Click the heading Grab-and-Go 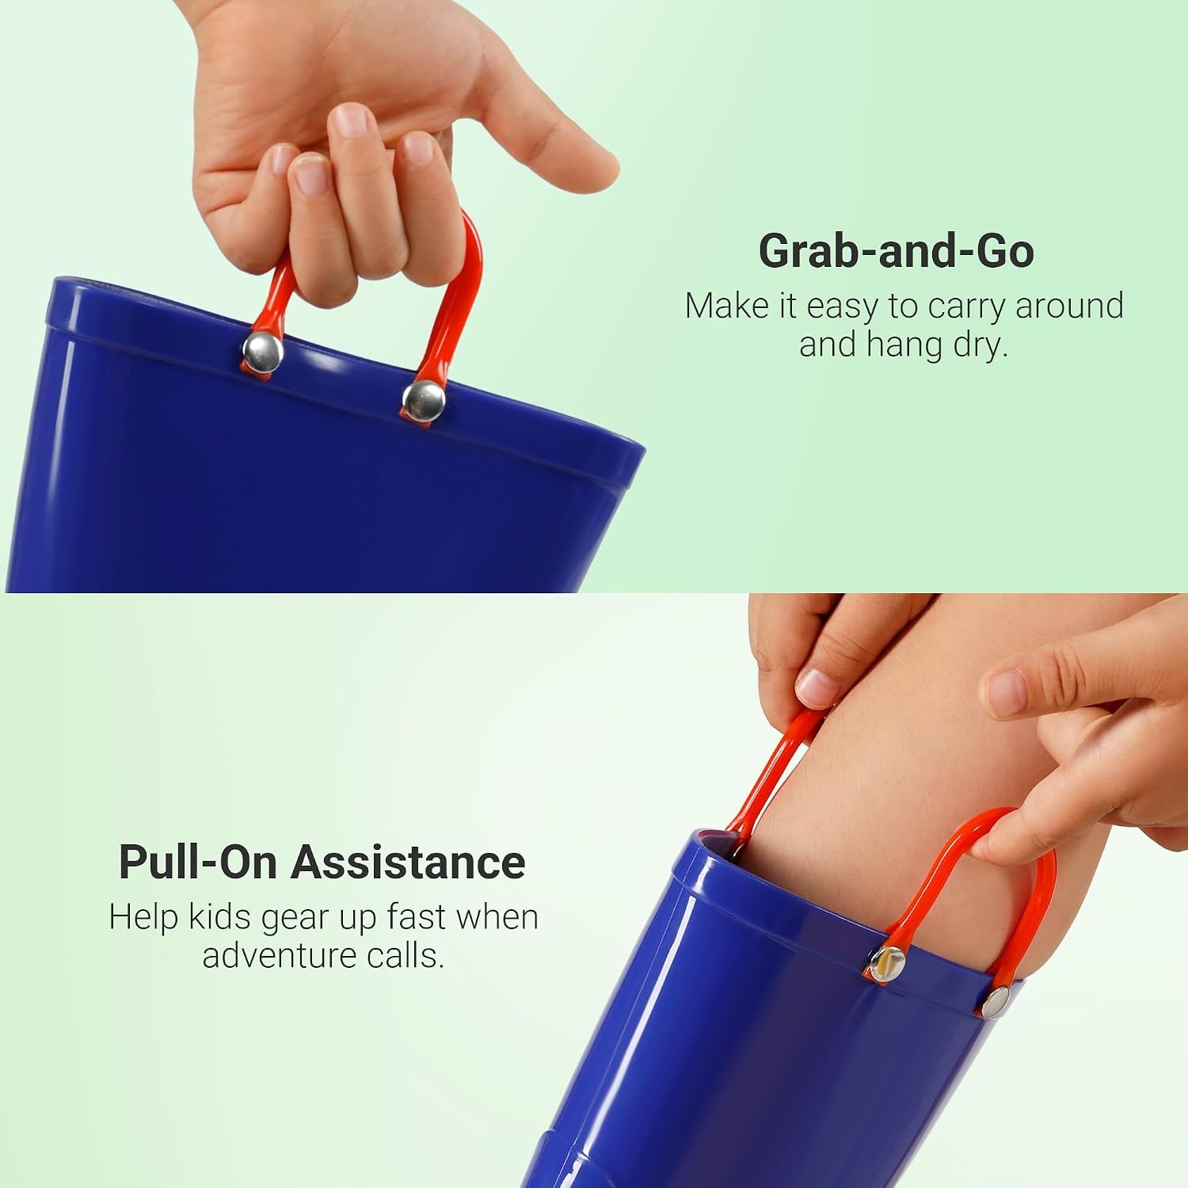point(896,251)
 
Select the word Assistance point(407,862)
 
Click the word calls point(403,955)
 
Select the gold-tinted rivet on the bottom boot point(888,964)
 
